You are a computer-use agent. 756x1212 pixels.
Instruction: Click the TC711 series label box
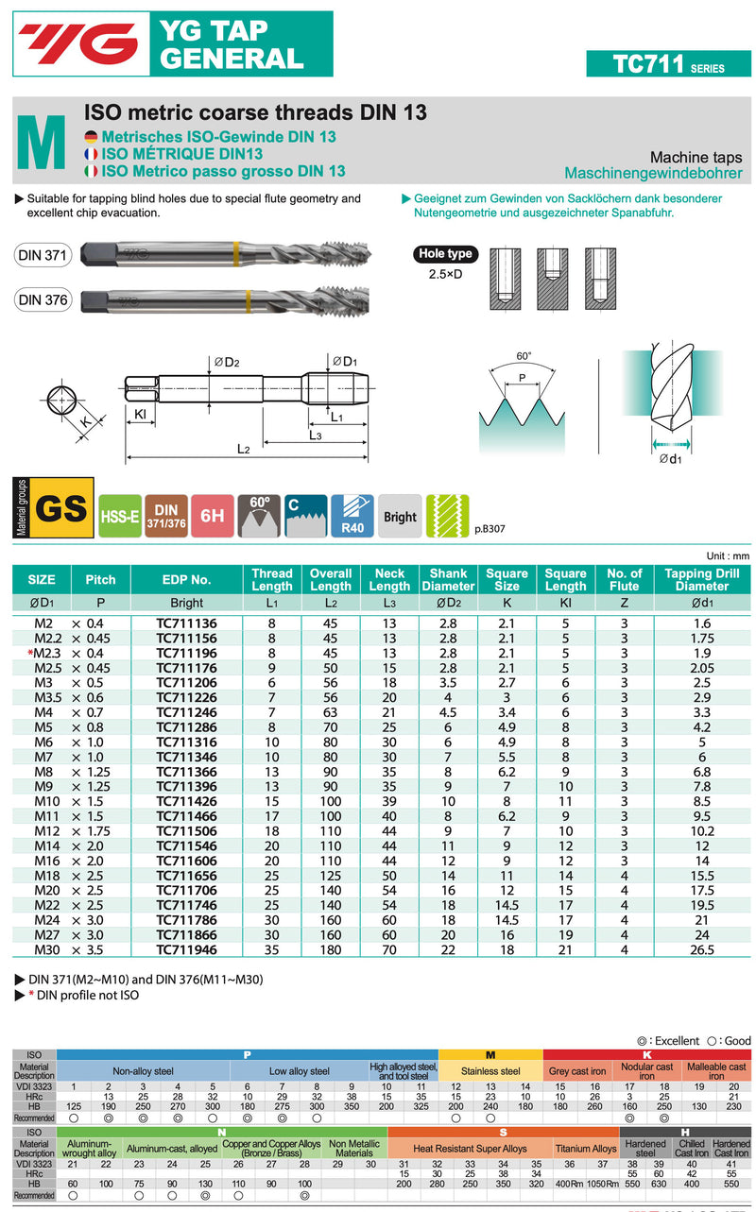point(668,63)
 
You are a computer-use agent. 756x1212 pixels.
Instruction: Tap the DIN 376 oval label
point(43,300)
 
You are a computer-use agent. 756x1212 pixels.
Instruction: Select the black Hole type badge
point(446,253)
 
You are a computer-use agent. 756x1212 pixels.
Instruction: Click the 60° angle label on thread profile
point(524,356)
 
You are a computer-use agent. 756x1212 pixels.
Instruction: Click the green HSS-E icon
point(120,516)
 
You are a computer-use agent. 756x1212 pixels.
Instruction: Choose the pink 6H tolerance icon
point(212,516)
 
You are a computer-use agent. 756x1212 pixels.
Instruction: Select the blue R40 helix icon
point(352,516)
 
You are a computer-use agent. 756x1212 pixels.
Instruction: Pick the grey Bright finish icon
point(400,516)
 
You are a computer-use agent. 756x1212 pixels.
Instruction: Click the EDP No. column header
point(186,579)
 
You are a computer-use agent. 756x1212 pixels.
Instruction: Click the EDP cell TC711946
point(186,949)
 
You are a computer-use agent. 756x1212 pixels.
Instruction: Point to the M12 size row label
point(45,830)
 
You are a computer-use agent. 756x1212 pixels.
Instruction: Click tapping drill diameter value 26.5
point(701,949)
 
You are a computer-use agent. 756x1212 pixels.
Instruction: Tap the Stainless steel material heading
point(490,1071)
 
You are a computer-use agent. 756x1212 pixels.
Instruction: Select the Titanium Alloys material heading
point(585,1149)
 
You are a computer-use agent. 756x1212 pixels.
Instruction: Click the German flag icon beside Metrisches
point(91,137)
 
